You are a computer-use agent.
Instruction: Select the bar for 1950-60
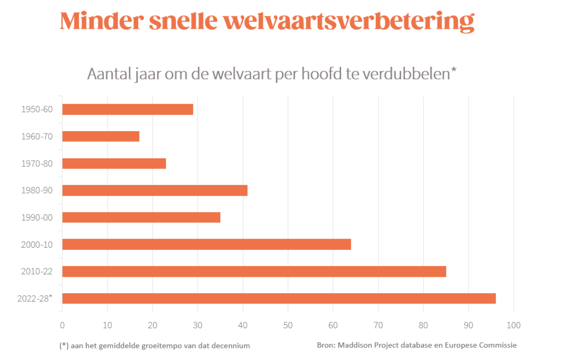[128, 109]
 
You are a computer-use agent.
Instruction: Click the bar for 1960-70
[101, 136]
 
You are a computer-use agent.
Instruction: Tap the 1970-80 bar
[114, 163]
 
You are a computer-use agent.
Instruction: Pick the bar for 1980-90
[155, 191]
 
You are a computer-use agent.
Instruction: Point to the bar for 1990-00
[141, 217]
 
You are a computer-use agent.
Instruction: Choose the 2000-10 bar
[206, 244]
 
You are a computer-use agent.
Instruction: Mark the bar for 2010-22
[254, 271]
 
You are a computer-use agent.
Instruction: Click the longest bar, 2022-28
[279, 299]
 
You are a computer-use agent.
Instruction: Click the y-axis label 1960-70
[37, 136]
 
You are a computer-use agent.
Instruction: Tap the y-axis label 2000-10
[37, 244]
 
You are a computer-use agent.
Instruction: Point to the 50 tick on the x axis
[288, 325]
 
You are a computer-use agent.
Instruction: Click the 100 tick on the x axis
[513, 325]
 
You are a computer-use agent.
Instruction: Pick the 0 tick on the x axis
[62, 325]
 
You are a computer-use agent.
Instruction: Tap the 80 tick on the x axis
[423, 325]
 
